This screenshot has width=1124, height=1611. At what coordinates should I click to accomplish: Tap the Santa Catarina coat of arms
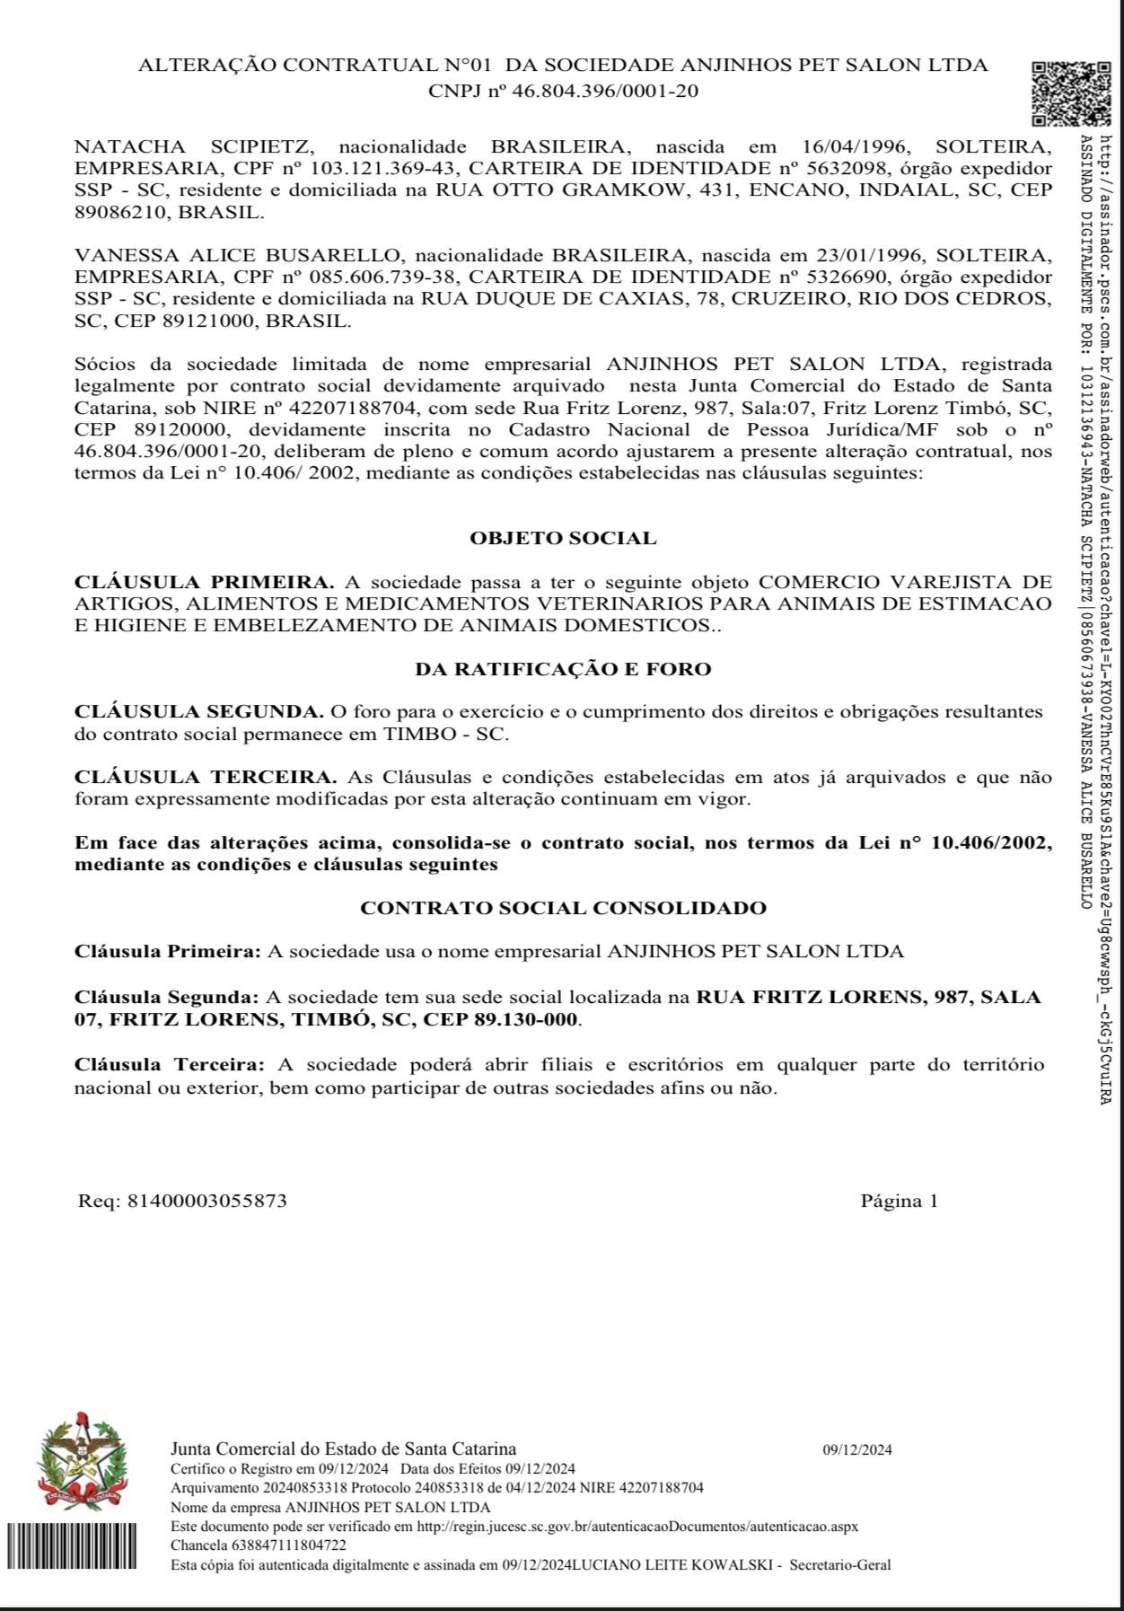click(x=82, y=1462)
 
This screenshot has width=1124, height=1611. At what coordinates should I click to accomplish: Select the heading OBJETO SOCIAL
click(x=563, y=538)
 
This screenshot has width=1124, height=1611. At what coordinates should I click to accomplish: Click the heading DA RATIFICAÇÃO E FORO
click(x=563, y=669)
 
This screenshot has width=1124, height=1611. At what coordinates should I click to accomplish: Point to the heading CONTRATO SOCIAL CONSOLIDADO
click(x=563, y=908)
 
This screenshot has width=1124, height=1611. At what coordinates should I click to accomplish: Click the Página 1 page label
click(x=899, y=1201)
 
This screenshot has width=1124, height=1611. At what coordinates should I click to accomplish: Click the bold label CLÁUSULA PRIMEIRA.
click(x=204, y=581)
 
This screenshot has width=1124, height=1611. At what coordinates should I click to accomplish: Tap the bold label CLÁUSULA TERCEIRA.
click(x=206, y=777)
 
